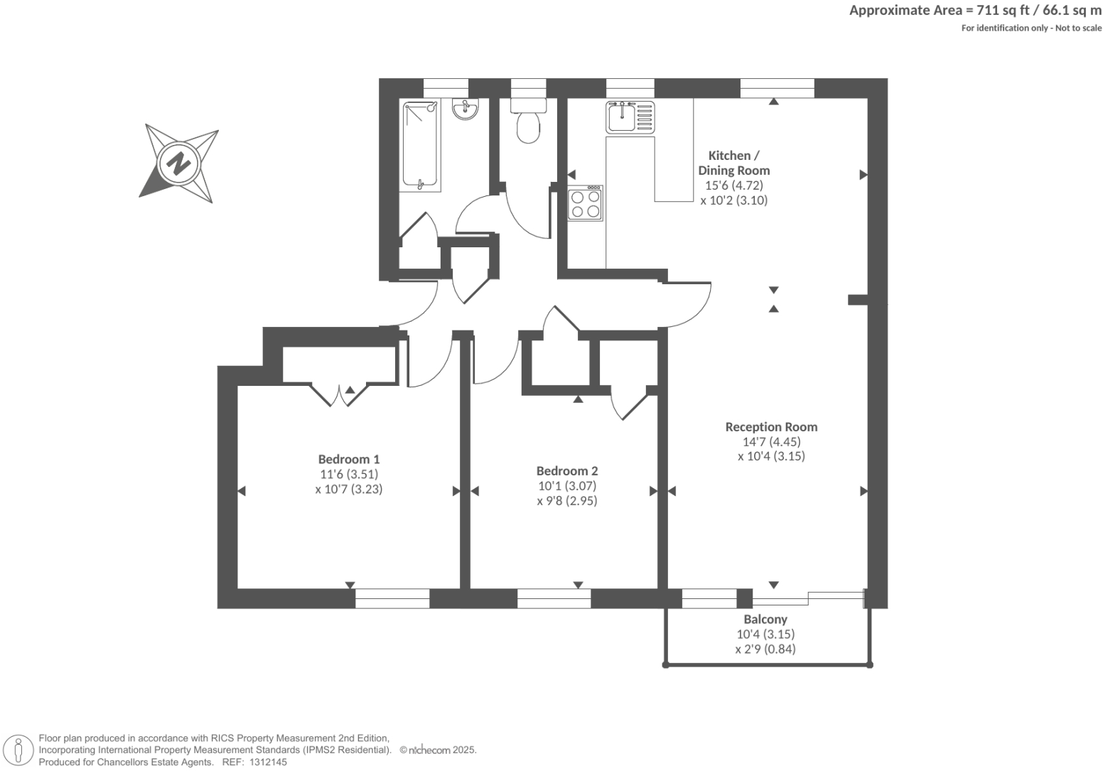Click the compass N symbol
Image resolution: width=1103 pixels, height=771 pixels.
pyautogui.click(x=178, y=163)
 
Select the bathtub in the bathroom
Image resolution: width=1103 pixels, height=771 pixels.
pyautogui.click(x=420, y=146)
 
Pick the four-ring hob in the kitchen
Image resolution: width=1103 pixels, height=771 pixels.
pyautogui.click(x=585, y=203)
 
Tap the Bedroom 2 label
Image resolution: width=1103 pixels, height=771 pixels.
pyautogui.click(x=566, y=470)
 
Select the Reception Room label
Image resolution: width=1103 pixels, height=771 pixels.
pyautogui.click(x=771, y=427)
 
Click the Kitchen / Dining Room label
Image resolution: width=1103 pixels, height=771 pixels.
pyautogui.click(x=733, y=163)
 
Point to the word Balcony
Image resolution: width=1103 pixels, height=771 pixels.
pyautogui.click(x=765, y=619)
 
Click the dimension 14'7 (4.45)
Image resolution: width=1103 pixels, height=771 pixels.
pyautogui.click(x=771, y=441)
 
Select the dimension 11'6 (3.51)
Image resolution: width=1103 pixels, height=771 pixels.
pyautogui.click(x=348, y=474)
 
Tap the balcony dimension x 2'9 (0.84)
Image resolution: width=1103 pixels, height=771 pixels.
pyautogui.click(x=765, y=649)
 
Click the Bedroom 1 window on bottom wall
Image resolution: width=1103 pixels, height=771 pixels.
pyautogui.click(x=392, y=599)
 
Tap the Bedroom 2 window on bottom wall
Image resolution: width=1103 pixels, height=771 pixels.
pyautogui.click(x=554, y=599)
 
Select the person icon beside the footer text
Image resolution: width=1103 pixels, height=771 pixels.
pyautogui.click(x=19, y=750)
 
